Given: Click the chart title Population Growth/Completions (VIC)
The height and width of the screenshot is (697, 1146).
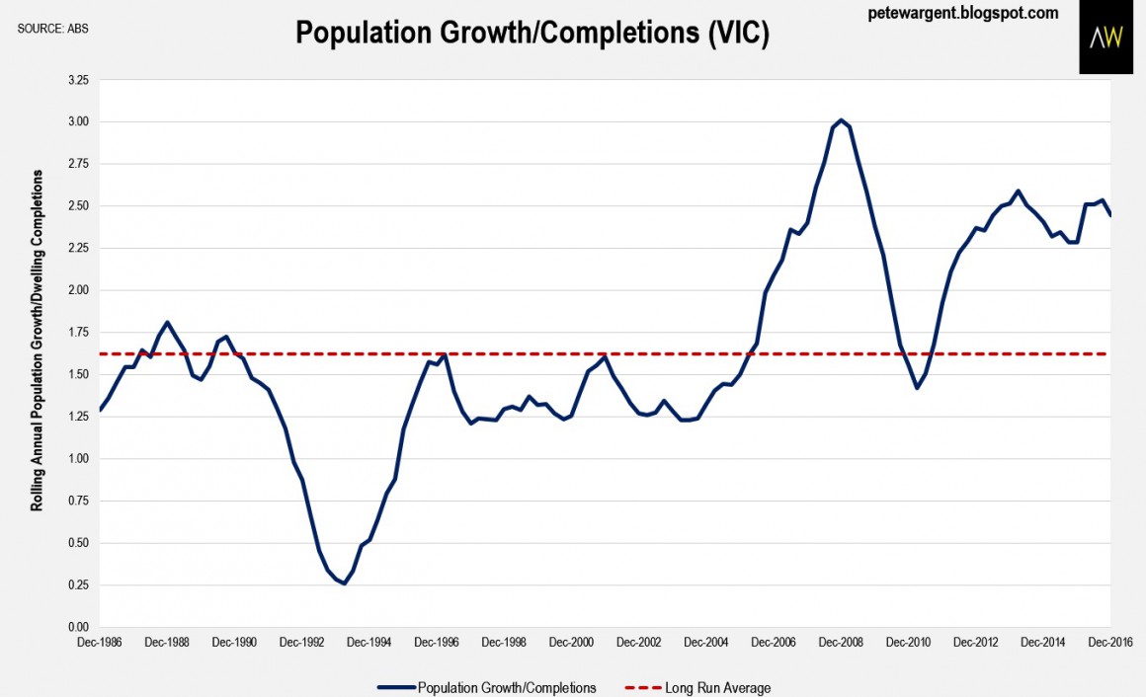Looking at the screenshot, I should (532, 35).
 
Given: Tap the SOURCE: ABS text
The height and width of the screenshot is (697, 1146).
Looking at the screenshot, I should (51, 27).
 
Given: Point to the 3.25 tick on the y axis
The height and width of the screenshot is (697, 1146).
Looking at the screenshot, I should (78, 80).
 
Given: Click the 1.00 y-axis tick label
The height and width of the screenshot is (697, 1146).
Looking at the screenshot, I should (78, 459).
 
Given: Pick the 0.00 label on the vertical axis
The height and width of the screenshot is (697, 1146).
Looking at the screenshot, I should (78, 627).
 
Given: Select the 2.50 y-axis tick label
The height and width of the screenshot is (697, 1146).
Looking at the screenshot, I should (78, 206).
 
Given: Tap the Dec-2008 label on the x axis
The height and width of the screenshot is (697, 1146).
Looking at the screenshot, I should (840, 642).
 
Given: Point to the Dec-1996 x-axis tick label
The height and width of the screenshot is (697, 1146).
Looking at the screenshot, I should (436, 642).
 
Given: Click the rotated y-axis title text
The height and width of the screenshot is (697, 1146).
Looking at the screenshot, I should (38, 340).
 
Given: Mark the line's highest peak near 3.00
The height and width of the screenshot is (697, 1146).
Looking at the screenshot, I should (841, 120).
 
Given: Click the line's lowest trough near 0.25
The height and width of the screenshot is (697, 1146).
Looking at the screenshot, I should (344, 583).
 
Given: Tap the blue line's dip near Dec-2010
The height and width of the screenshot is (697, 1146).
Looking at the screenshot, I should (917, 388).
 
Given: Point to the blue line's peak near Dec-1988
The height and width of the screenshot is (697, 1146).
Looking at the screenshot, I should (168, 322).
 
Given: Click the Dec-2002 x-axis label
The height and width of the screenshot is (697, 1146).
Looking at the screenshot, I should (638, 642).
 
